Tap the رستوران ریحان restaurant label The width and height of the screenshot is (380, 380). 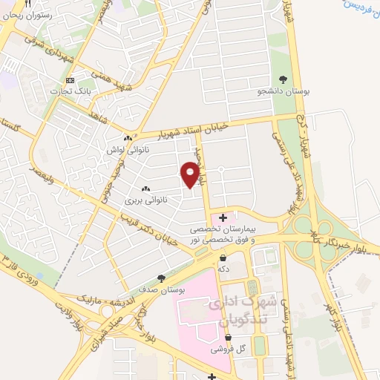click(27, 14)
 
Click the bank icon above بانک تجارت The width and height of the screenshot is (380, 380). click(71, 80)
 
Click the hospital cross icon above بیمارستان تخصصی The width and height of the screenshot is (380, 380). click(223, 217)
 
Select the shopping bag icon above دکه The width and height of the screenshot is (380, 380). click(223, 258)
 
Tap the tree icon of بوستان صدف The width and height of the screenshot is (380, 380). click(161, 278)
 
